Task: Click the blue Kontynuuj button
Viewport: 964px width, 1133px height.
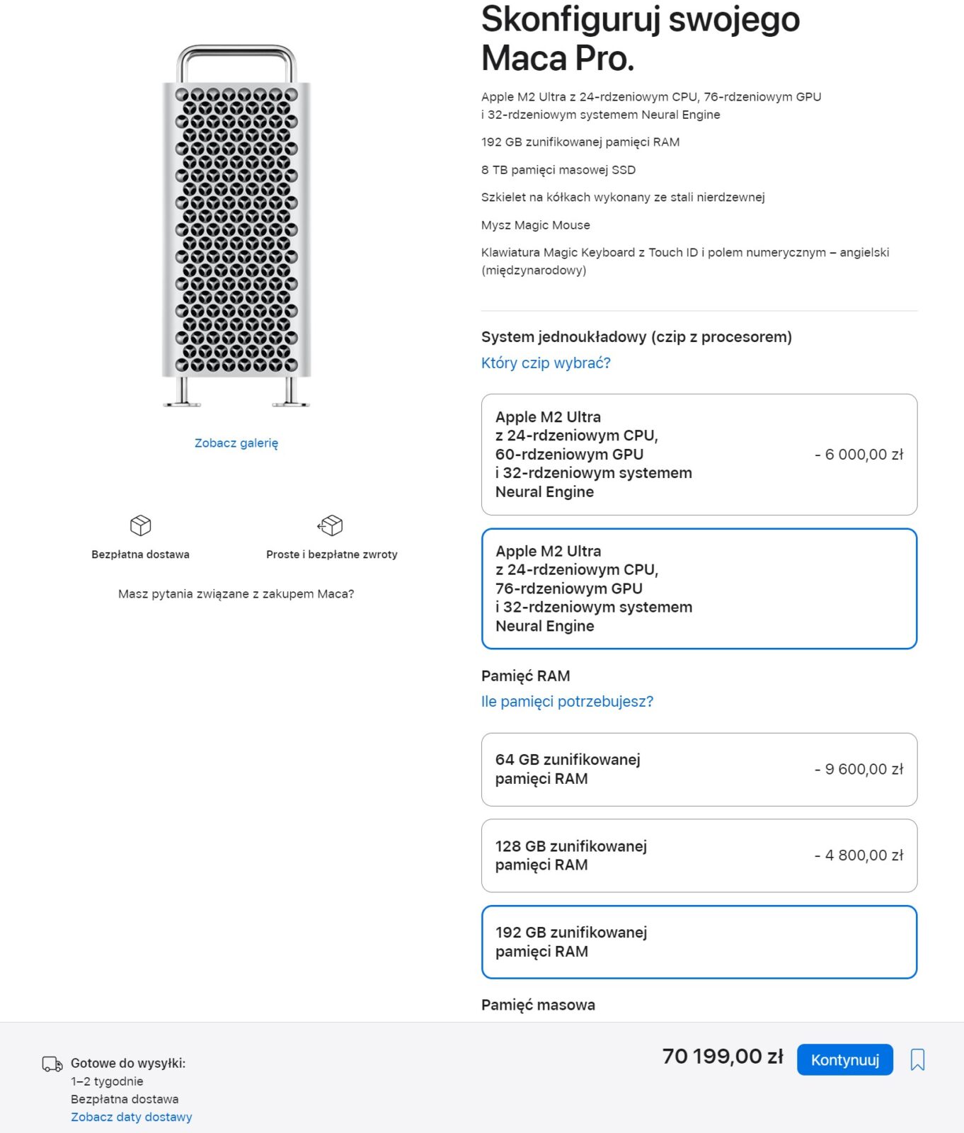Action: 844,1059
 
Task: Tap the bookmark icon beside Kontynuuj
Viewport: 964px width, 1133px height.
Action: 917,1059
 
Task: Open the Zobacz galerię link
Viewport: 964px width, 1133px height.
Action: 236,443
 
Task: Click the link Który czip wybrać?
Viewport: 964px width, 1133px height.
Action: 546,363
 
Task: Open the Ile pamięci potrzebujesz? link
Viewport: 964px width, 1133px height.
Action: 567,701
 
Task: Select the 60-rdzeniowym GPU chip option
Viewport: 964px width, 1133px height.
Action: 699,454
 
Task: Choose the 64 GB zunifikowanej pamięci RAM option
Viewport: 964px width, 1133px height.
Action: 699,769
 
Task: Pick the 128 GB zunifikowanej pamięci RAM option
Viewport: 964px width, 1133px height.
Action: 699,855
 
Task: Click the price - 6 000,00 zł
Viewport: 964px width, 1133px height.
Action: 859,455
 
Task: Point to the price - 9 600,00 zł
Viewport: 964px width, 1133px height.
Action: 859,769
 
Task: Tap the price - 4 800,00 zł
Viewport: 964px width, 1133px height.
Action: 859,855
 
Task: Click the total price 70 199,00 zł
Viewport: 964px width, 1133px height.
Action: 723,1057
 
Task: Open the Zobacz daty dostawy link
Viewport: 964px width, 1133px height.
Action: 131,1117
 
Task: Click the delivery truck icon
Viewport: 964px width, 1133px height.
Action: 52,1064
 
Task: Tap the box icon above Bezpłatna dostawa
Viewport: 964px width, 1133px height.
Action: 140,525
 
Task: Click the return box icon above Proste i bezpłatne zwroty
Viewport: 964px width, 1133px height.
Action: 331,525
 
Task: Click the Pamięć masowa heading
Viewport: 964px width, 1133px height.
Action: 538,1005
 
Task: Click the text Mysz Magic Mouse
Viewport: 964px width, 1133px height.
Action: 535,225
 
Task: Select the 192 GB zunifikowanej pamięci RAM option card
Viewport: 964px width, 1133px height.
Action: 699,942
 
